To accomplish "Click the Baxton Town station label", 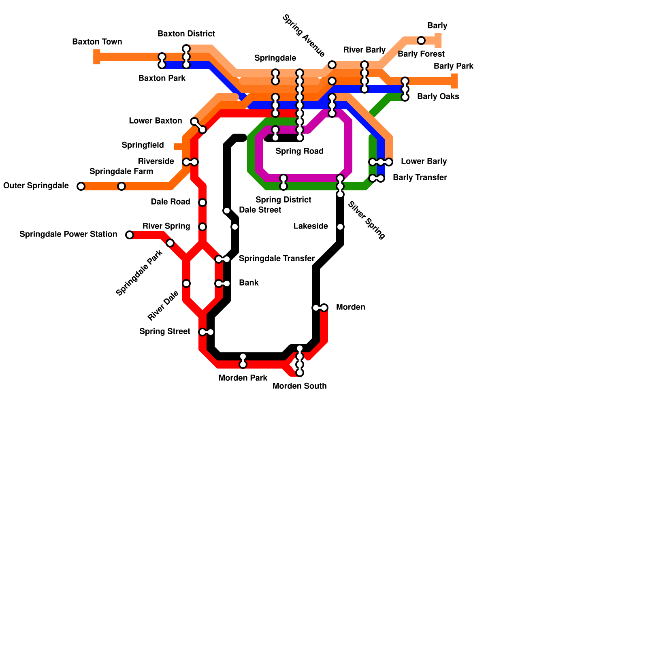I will (97, 42).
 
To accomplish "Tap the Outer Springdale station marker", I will (81, 186).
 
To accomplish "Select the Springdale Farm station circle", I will (122, 186).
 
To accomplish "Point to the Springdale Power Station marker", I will (130, 235).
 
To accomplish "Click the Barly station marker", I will (421, 40).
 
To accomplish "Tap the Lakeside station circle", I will (340, 227).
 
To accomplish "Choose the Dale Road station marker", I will (202, 202).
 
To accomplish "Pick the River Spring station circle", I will (202, 227).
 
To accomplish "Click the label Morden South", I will (299, 386).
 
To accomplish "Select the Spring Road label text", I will (299, 151).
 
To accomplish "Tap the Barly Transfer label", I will (420, 178).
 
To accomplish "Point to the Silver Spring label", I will (367, 220).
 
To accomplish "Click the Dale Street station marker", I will (227, 211).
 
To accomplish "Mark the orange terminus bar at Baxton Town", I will (97, 57).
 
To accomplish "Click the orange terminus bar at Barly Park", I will (454, 81).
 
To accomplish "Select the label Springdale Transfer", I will (277, 259).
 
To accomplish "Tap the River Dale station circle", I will (186, 283).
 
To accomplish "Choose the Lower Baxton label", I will (155, 121).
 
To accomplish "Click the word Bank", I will (249, 283).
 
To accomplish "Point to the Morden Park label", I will (243, 378).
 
